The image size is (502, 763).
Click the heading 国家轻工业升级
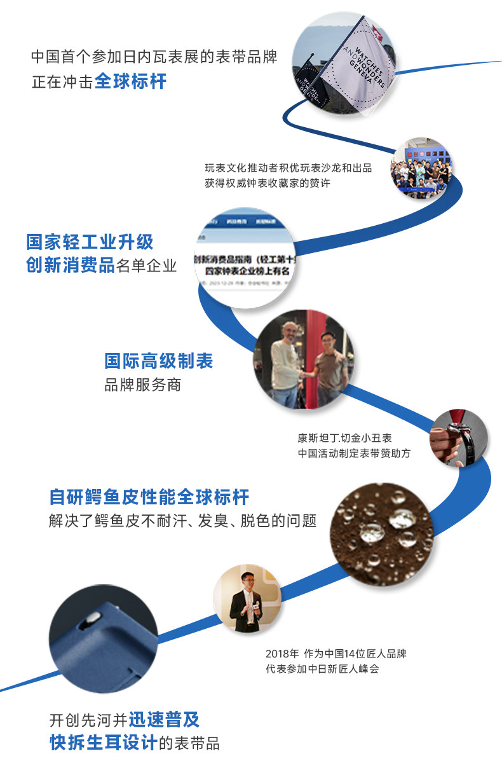[90, 242]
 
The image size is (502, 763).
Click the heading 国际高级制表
[159, 361]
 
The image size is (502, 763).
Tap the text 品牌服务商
[142, 385]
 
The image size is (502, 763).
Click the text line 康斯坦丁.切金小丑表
[344, 438]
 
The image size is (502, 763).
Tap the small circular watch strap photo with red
[457, 439]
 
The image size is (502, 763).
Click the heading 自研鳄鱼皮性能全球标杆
[149, 497]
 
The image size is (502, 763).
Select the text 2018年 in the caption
[280, 654]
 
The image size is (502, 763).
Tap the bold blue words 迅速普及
[165, 720]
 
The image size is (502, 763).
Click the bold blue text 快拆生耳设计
[104, 742]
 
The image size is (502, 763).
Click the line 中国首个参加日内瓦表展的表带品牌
[154, 57]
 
